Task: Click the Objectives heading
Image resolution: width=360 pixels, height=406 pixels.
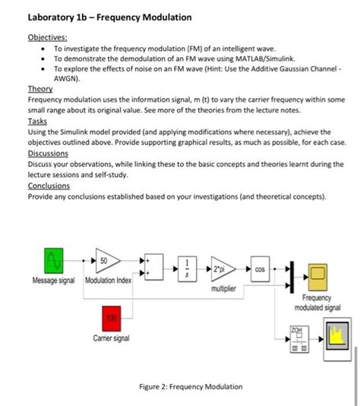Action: pyautogui.click(x=47, y=36)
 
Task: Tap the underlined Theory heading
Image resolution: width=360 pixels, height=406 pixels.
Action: pyautogui.click(x=39, y=88)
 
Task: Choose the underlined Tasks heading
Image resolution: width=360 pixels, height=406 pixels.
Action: pyautogui.click(x=37, y=121)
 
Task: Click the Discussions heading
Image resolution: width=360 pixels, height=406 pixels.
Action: pyautogui.click(x=49, y=153)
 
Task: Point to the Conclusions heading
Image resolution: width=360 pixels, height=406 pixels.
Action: pyautogui.click(x=49, y=185)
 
